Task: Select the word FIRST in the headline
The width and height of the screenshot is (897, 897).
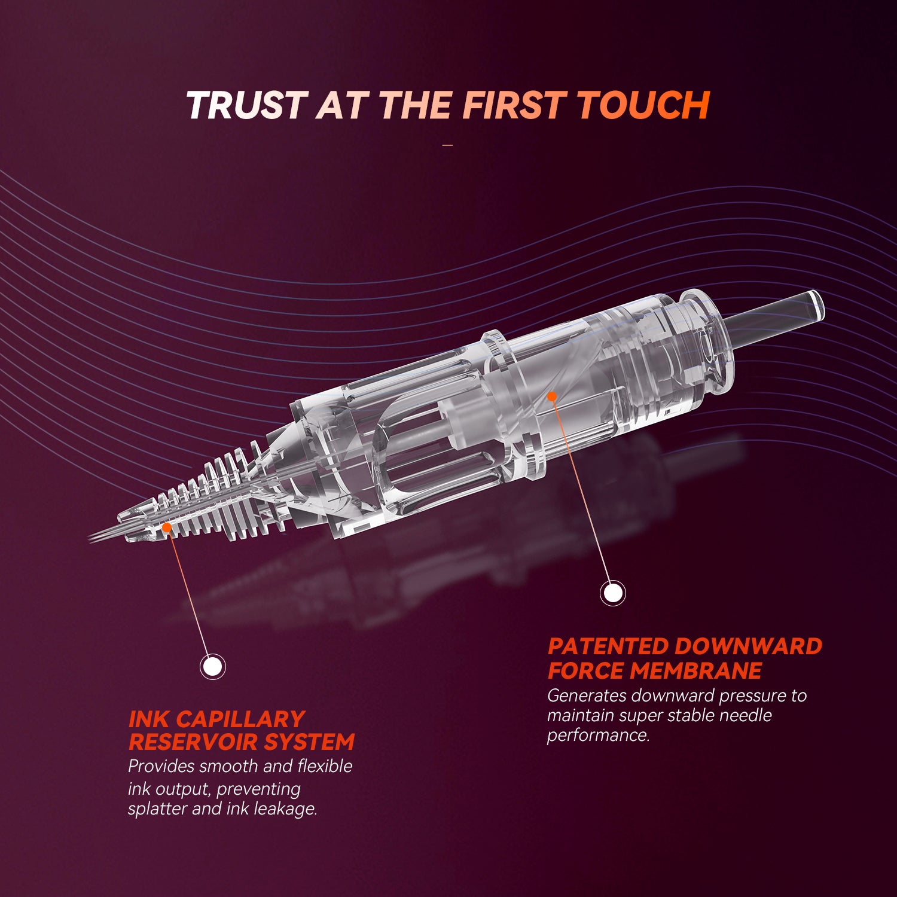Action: point(514,105)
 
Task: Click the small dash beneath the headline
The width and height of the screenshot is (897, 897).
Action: point(448,145)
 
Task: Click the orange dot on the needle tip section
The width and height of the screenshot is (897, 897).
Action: point(166,527)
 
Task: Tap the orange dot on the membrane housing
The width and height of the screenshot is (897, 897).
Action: point(552,396)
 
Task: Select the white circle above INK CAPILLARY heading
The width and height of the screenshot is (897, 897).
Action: point(212,666)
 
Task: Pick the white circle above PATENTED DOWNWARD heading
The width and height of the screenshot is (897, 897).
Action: point(612,593)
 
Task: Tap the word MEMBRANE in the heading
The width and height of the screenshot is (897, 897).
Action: point(695,671)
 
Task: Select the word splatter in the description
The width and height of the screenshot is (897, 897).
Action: point(157,809)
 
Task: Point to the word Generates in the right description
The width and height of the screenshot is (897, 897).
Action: point(586,695)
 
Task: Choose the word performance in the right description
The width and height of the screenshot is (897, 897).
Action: point(597,735)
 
